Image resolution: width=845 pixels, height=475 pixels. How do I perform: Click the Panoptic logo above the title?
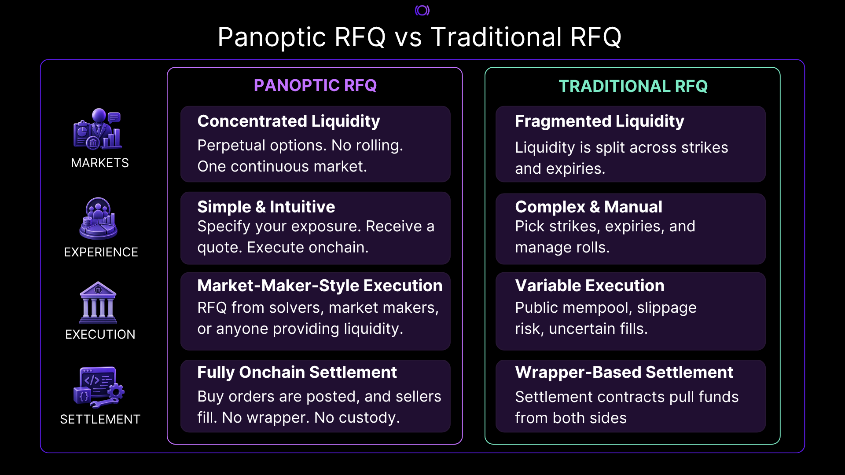click(x=422, y=10)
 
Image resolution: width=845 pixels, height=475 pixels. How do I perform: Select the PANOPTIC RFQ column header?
click(x=315, y=85)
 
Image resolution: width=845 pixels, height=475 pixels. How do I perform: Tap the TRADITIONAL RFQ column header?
click(x=633, y=86)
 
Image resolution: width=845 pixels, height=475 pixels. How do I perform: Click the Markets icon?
click(x=98, y=129)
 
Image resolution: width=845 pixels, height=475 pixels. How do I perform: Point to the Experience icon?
click(x=98, y=218)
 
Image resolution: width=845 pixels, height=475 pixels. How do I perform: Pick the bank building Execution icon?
click(x=98, y=303)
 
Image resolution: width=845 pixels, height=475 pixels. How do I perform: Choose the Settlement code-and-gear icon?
click(x=99, y=387)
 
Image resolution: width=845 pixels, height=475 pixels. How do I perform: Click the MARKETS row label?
click(x=100, y=163)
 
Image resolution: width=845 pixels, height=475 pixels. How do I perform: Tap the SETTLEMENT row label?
click(x=100, y=419)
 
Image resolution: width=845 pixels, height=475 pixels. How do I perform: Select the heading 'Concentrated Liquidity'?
click(x=289, y=121)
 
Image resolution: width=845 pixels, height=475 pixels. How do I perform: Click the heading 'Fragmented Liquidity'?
click(x=599, y=121)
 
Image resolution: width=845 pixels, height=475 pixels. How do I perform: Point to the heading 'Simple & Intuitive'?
click(x=266, y=207)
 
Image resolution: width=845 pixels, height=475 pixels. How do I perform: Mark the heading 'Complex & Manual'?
click(x=588, y=207)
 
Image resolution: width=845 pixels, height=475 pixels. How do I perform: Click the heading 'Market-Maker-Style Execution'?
click(x=320, y=286)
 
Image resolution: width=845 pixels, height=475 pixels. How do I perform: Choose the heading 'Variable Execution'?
click(x=590, y=286)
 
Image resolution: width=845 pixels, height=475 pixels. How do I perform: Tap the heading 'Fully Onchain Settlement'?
click(x=297, y=373)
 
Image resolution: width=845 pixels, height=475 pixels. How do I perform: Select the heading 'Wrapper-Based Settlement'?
click(x=624, y=373)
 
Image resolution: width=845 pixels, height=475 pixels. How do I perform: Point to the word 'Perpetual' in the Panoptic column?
click(x=231, y=146)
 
